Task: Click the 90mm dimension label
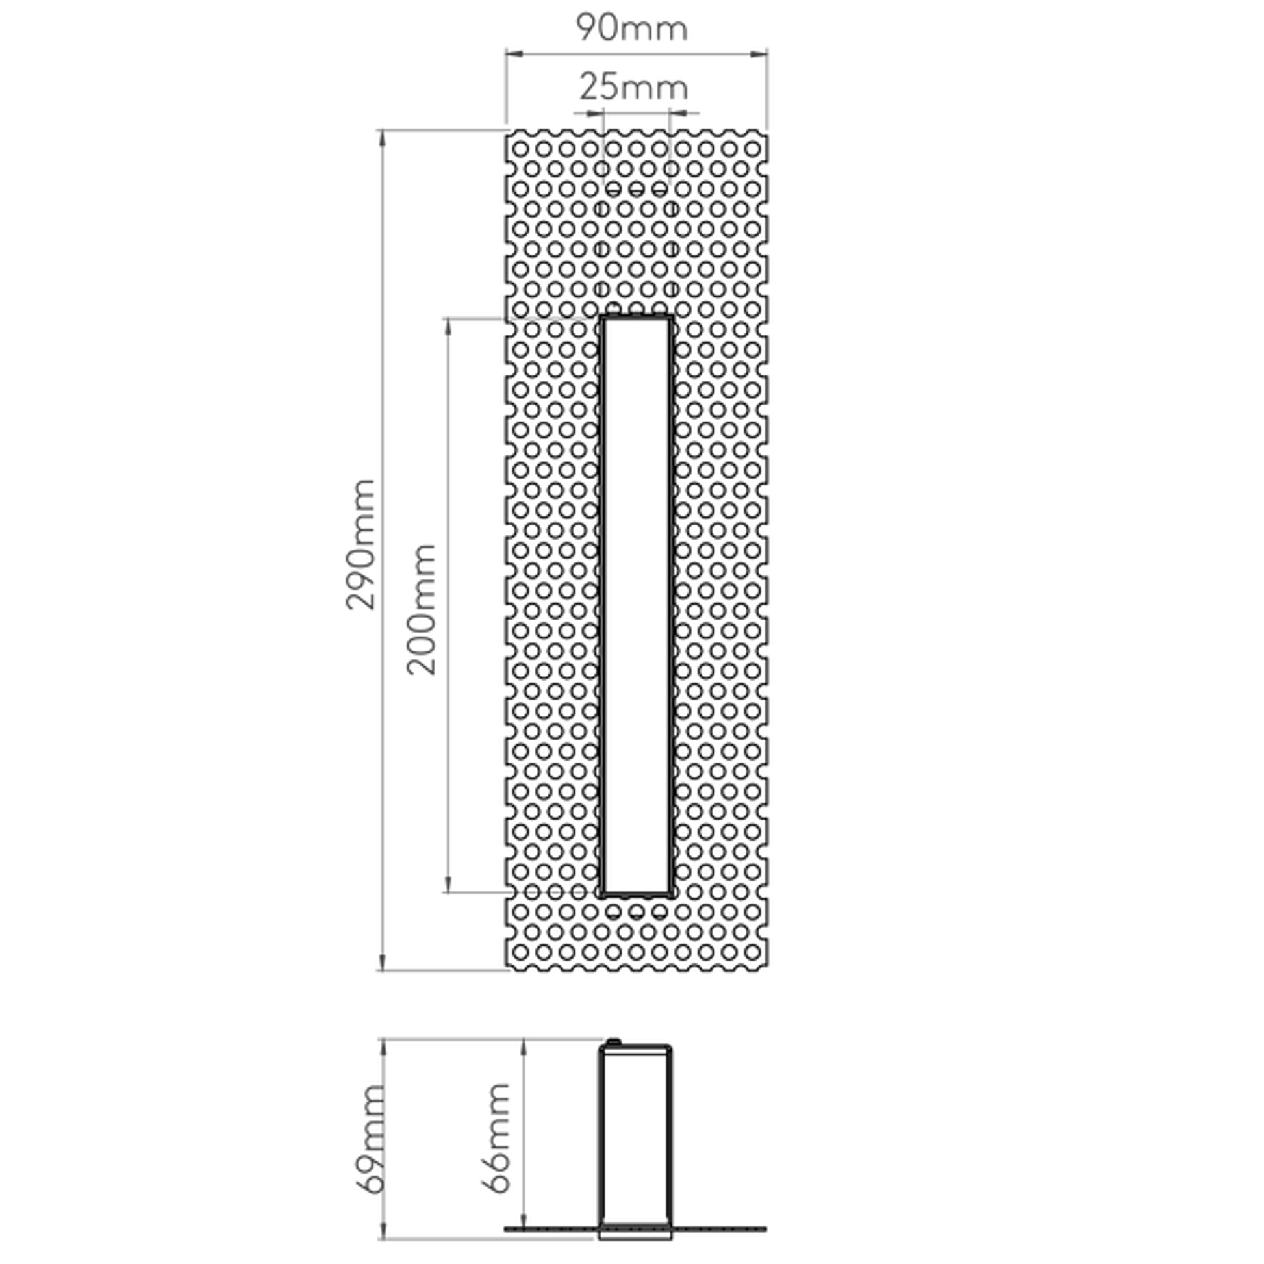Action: [x=632, y=28]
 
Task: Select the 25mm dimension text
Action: [x=634, y=87]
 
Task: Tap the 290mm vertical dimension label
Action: [x=360, y=544]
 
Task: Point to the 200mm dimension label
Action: [x=421, y=609]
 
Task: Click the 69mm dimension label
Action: [x=368, y=1139]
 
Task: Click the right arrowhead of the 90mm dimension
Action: [x=758, y=55]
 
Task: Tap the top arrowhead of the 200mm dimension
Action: [x=448, y=327]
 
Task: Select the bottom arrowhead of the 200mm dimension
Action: [x=448, y=884]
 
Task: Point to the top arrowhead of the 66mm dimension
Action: [x=524, y=1048]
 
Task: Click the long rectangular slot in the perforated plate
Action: [x=636, y=605]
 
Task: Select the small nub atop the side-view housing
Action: [x=613, y=1042]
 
